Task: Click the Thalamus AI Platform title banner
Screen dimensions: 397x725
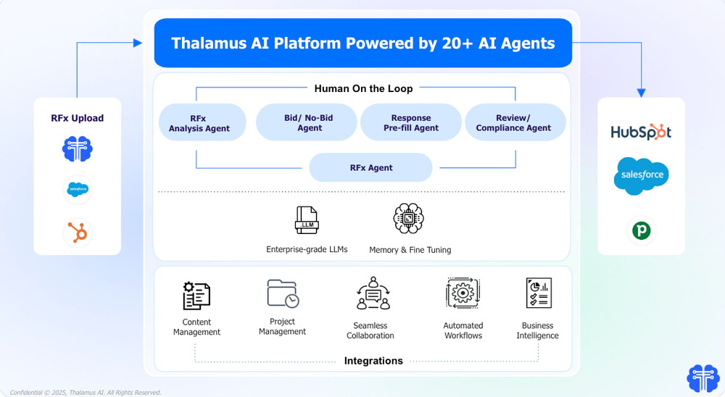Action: pyautogui.click(x=362, y=43)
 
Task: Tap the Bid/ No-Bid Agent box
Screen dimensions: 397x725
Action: pyautogui.click(x=306, y=122)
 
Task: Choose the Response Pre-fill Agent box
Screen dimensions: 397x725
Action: pyautogui.click(x=410, y=122)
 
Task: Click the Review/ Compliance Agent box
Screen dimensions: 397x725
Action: pyautogui.click(x=514, y=122)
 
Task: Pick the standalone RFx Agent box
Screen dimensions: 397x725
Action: pyautogui.click(x=370, y=167)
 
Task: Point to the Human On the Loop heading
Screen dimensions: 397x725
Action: pyautogui.click(x=363, y=88)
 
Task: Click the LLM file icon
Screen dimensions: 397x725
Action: pyautogui.click(x=307, y=220)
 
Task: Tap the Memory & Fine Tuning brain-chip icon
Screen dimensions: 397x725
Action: pyautogui.click(x=409, y=219)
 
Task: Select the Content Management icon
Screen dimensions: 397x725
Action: pyautogui.click(x=196, y=296)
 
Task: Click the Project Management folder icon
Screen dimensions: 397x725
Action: pyautogui.click(x=283, y=293)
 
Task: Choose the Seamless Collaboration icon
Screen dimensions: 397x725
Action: pyautogui.click(x=373, y=294)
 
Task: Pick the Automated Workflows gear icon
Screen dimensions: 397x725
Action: pyautogui.click(x=463, y=294)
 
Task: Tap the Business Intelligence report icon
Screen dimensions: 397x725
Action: pyautogui.click(x=538, y=293)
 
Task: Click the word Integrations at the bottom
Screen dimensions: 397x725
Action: pyautogui.click(x=373, y=361)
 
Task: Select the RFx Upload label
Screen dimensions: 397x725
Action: pyautogui.click(x=77, y=118)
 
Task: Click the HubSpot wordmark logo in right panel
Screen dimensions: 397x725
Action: pyautogui.click(x=641, y=132)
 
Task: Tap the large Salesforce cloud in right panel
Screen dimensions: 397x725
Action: pyautogui.click(x=641, y=176)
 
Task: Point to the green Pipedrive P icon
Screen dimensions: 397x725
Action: pyautogui.click(x=641, y=230)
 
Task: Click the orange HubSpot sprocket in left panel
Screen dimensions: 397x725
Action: pyautogui.click(x=78, y=233)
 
